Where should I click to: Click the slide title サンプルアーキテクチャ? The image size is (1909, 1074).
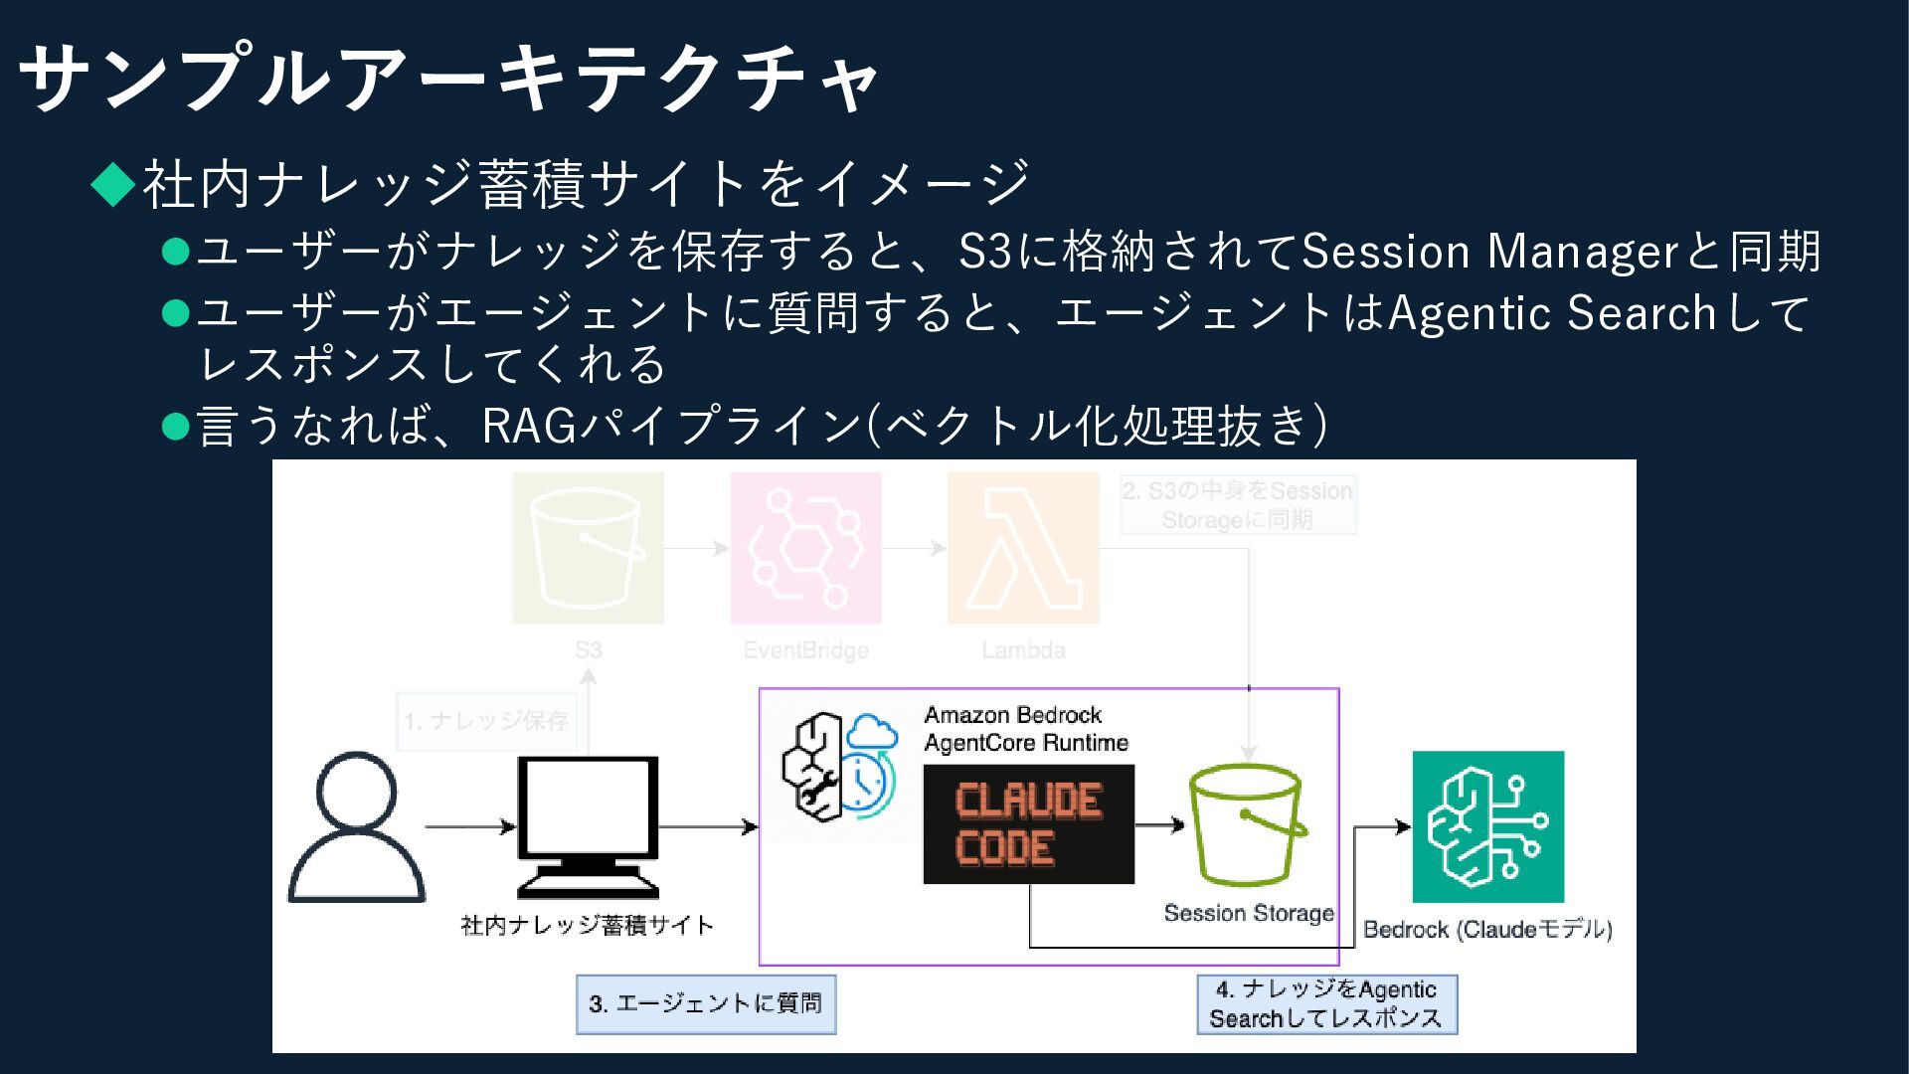tap(447, 78)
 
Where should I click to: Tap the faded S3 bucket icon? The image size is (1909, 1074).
tap(588, 548)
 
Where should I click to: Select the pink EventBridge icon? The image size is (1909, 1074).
tap(805, 548)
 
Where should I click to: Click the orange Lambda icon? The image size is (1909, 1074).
tap(1023, 548)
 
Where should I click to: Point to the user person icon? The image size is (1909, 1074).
tap(356, 827)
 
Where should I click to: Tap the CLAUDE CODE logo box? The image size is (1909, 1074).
tap(1028, 824)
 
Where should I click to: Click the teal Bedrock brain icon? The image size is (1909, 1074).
tap(1487, 826)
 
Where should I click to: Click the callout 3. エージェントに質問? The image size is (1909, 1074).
tap(706, 1003)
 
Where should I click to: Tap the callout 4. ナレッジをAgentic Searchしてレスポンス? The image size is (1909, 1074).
tap(1326, 1003)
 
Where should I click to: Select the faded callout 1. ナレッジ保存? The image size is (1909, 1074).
tap(486, 720)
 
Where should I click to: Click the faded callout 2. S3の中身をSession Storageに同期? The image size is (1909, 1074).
tap(1238, 505)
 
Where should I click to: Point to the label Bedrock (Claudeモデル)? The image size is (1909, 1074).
tap(1487, 930)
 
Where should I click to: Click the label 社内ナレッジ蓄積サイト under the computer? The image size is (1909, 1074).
tap(588, 925)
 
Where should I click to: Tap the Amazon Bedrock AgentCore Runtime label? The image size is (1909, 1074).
tap(1026, 729)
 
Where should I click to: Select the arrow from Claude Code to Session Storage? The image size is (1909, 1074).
tap(1159, 824)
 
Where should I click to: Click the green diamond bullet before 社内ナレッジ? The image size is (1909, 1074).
tap(113, 184)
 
